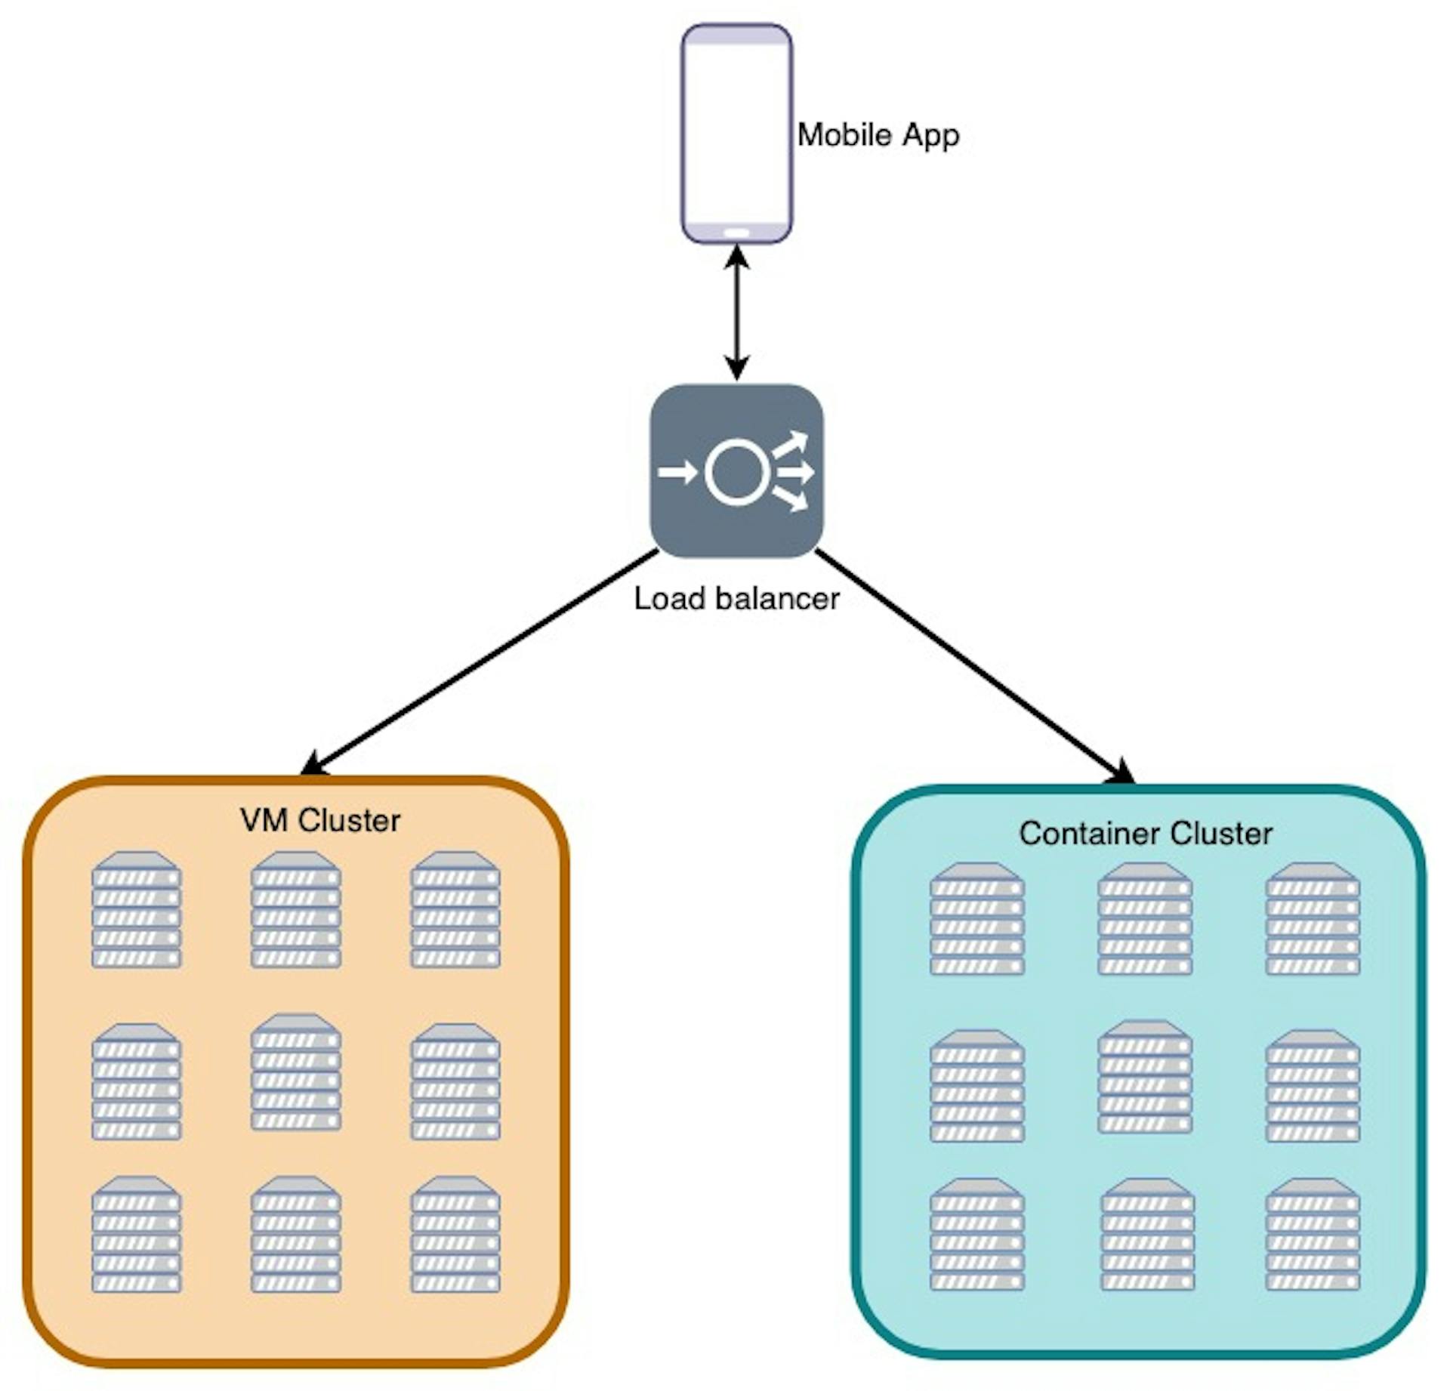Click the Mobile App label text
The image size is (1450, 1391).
click(x=878, y=136)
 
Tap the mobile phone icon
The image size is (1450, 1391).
click(x=736, y=134)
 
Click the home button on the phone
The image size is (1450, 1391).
click(x=736, y=233)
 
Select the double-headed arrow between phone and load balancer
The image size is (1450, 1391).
click(x=736, y=313)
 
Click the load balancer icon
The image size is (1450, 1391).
click(x=736, y=471)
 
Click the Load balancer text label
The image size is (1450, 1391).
click(x=736, y=599)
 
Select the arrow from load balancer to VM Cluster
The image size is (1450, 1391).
click(x=480, y=662)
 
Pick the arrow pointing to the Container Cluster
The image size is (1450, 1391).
click(x=975, y=667)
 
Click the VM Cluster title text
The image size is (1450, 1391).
click(x=320, y=821)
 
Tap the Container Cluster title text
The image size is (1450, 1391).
click(x=1146, y=834)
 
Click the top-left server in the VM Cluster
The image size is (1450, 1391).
click(x=137, y=910)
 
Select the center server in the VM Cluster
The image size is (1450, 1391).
click(x=296, y=1072)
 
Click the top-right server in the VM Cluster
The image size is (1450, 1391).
click(x=455, y=910)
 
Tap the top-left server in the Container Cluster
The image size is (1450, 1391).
click(x=977, y=919)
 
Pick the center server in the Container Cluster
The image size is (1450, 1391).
click(x=1145, y=1077)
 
